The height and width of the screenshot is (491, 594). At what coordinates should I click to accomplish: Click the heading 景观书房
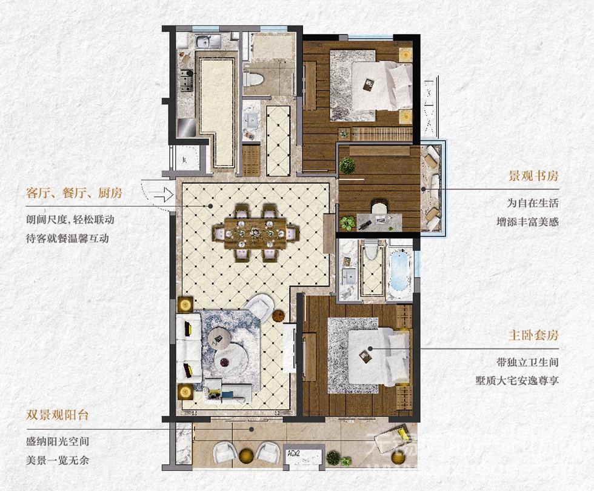point(533,176)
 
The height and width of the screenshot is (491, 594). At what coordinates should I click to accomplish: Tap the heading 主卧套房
point(533,335)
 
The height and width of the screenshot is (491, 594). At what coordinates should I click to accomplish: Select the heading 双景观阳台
point(57,415)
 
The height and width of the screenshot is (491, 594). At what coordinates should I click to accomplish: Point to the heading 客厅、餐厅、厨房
point(74,193)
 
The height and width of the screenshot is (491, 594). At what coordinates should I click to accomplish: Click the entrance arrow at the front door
point(163,195)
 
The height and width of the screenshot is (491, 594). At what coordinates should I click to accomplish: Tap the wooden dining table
point(255,233)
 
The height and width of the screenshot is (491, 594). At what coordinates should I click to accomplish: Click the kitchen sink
point(208,41)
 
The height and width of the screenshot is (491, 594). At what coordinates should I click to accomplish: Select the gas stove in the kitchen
point(186,80)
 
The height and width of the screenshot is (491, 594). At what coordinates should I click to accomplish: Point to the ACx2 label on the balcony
point(293,453)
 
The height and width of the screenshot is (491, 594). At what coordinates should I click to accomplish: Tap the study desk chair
point(379,207)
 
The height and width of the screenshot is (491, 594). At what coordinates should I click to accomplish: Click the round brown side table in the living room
point(278,315)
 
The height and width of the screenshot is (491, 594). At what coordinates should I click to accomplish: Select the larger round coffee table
point(232,356)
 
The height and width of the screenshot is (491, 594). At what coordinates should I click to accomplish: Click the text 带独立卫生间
point(528,362)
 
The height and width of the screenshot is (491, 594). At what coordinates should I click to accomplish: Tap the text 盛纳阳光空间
point(57,441)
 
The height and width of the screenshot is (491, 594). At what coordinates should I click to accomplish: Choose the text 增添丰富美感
point(528,222)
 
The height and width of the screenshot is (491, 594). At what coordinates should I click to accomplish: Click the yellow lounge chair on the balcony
point(393,436)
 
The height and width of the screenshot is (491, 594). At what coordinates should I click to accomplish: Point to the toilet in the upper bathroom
point(254,78)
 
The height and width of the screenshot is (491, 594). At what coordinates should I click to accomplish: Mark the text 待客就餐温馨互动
point(67,238)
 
